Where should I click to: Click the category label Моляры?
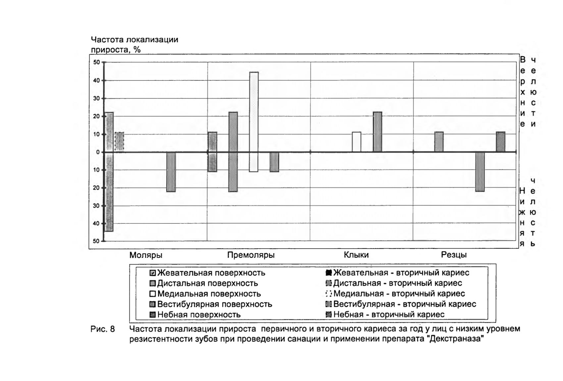point(146,256)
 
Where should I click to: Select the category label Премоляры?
point(251,255)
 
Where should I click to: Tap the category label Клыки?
point(356,255)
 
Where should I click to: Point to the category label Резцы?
point(454,255)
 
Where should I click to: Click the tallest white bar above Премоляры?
point(254,122)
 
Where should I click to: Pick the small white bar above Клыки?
point(356,142)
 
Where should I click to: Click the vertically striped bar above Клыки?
point(377,132)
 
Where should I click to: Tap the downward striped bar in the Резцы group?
point(480,172)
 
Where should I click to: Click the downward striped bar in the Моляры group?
point(171,172)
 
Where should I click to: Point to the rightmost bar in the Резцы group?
point(500,142)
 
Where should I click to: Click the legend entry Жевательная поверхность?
point(207,273)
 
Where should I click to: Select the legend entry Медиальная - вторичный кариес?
point(395,294)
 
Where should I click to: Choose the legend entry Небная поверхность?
point(195,315)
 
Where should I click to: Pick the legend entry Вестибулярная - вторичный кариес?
point(401,304)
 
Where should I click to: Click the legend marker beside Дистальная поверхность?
point(153,284)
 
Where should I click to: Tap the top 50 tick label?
point(96,62)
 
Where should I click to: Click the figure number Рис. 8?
point(103,329)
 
